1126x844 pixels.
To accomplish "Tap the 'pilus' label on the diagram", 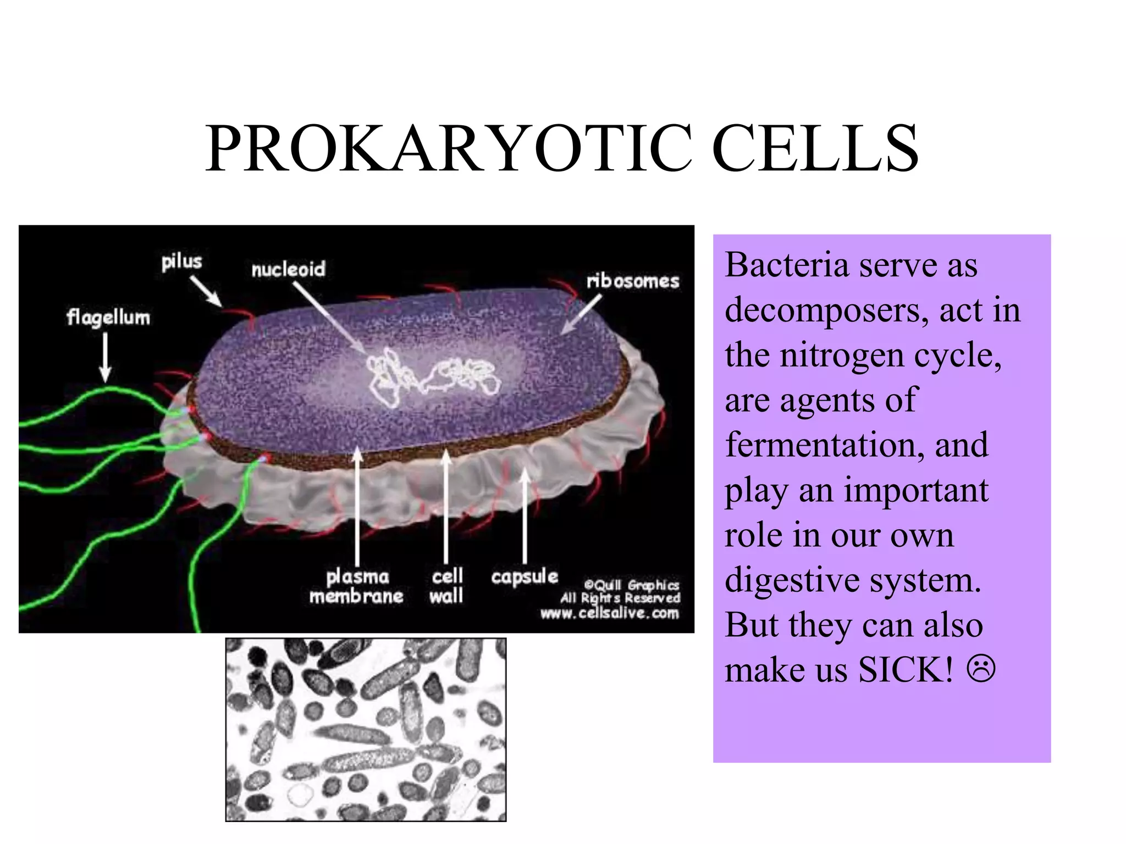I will pos(181,262).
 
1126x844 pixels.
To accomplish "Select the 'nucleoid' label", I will pos(289,269).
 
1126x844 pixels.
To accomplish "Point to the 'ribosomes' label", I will pos(633,281).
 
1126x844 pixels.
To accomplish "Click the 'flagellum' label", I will pos(108,318).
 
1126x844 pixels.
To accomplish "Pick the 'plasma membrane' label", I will pos(356,586).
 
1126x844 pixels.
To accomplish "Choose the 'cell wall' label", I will pos(446,586).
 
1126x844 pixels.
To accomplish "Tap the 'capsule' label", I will pos(525,577).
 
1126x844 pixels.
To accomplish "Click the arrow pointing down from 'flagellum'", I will pos(105,357).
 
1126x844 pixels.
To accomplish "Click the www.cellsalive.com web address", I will pos(610,613).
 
